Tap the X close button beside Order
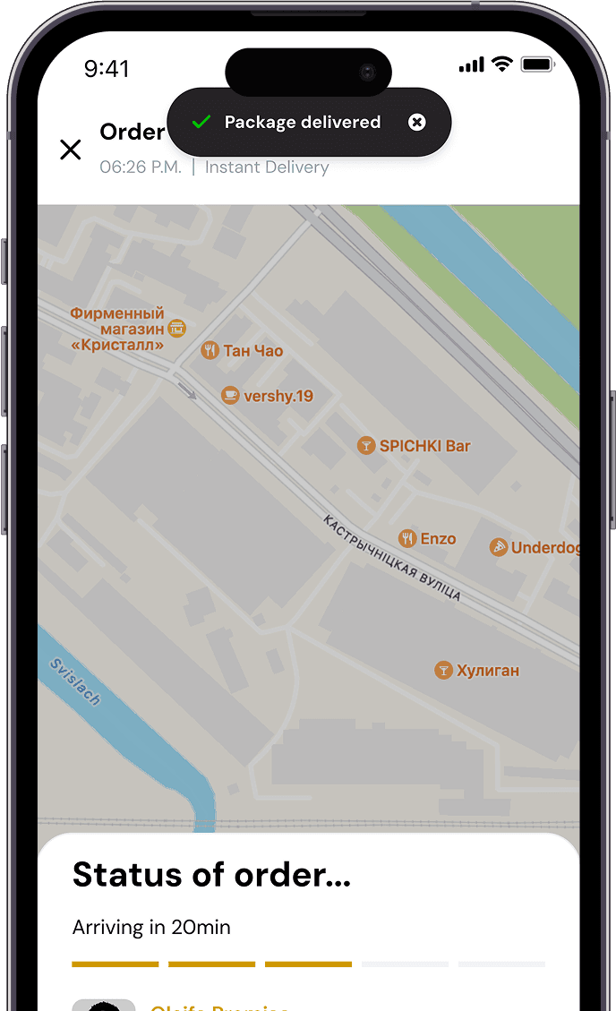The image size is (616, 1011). pos(70,150)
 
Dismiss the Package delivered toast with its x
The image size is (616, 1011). pos(416,123)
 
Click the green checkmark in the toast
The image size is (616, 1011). pos(201,123)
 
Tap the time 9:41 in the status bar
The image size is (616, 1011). pos(107,68)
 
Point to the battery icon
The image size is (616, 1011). pos(538,64)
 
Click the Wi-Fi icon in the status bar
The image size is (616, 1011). pos(502,64)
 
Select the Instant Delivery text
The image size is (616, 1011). pos(267,167)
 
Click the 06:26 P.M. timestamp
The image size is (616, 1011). pos(141,167)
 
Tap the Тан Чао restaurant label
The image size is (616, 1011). pos(252,351)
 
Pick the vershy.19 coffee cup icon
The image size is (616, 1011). pos(230,395)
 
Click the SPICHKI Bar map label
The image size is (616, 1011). pos(424,446)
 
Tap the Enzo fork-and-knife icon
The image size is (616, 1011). pos(407,538)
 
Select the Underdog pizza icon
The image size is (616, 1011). pos(499,547)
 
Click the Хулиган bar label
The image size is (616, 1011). pos(487,670)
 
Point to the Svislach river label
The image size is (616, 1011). pos(75,682)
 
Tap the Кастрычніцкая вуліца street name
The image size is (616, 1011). pos(392,558)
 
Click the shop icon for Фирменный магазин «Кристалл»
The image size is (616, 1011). pos(177,329)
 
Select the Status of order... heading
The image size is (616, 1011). pos(211,874)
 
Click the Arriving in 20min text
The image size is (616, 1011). pos(151,928)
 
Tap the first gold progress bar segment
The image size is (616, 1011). pos(115,964)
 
